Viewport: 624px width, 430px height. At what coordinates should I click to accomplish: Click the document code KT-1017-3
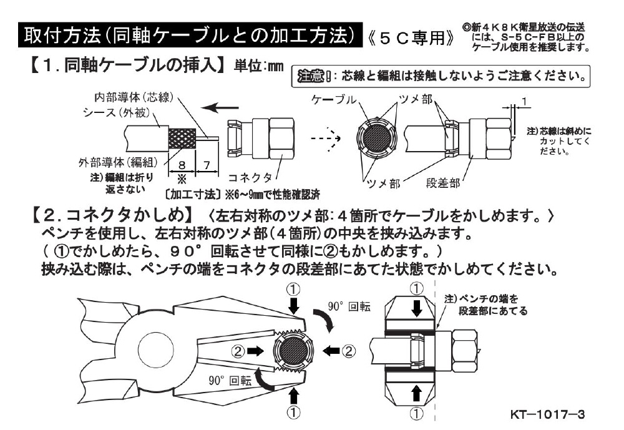(547, 414)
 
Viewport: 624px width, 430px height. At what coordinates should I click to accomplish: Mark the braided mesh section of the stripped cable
(181, 136)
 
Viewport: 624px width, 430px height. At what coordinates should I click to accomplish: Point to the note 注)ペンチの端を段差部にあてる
(485, 304)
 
